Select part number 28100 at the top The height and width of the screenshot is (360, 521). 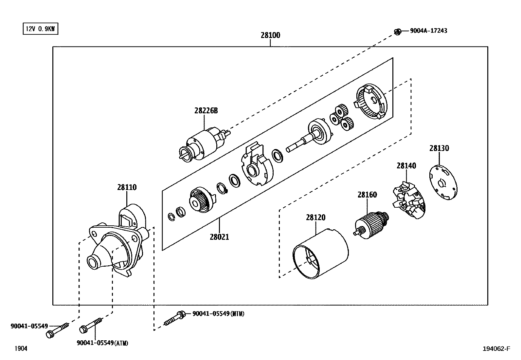pyautogui.click(x=270, y=35)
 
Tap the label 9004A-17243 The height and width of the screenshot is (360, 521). pyautogui.click(x=428, y=31)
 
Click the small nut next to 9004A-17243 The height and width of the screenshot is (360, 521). pyautogui.click(x=398, y=32)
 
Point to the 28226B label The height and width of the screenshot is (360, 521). pyautogui.click(x=206, y=111)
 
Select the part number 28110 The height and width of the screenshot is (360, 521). pyautogui.click(x=127, y=187)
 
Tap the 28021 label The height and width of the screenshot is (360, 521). pyautogui.click(x=219, y=237)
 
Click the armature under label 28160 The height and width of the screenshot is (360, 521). pyautogui.click(x=371, y=224)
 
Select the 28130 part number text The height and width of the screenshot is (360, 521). pyautogui.click(x=439, y=148)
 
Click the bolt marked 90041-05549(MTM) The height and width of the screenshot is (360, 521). pyautogui.click(x=175, y=317)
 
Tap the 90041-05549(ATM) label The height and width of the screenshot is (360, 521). pyautogui.click(x=102, y=343)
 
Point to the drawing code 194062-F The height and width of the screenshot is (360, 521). pyautogui.click(x=496, y=349)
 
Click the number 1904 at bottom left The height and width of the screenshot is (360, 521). pyautogui.click(x=21, y=349)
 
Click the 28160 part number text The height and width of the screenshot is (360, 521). pyautogui.click(x=367, y=195)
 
